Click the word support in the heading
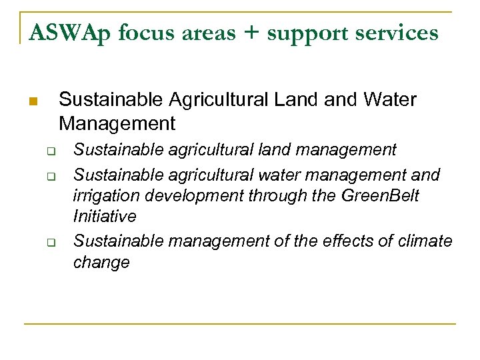click(x=312, y=33)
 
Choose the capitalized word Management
click(x=117, y=123)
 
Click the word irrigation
click(x=101, y=197)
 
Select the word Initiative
click(x=105, y=217)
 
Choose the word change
click(x=101, y=263)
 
